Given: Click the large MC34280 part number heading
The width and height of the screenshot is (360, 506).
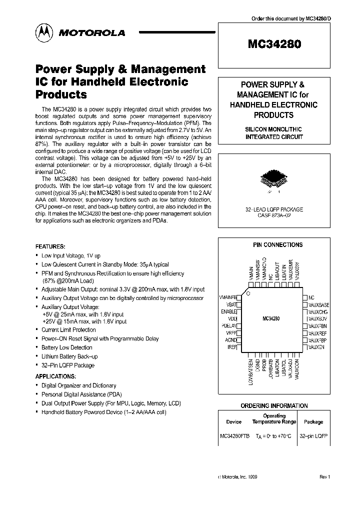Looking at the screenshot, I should pos(274,44).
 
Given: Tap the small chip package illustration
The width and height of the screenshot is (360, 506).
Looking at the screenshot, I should pos(270,180).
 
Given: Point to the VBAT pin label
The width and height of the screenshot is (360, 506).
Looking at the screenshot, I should pos(230,304).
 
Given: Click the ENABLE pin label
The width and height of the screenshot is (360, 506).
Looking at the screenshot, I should pos(228,311).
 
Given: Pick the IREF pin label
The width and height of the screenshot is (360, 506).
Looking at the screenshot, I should pos(231,346).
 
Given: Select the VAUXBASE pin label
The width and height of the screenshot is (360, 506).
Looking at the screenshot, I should pos(319,304).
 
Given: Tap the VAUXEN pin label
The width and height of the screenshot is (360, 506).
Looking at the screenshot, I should pos(317,346).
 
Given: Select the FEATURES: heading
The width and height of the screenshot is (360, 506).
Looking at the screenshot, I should pos(50,246).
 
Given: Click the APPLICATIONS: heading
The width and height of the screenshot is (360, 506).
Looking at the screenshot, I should pos(55,376).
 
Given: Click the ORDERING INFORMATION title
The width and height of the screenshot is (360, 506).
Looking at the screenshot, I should pos(274,405).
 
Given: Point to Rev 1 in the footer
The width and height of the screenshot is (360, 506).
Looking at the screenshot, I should pos(325,477).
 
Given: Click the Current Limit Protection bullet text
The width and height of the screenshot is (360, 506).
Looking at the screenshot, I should pos(68,330).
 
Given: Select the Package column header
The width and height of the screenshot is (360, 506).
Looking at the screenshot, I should pos(313,421).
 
